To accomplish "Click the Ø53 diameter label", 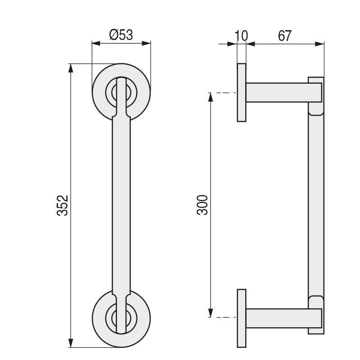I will tap(121, 35).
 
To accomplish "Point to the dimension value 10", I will tap(242, 36).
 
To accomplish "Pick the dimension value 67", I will tap(284, 36).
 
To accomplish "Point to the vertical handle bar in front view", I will tap(121, 205).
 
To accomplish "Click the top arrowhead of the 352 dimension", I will tap(70, 67).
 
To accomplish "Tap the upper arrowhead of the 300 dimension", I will tap(210, 97).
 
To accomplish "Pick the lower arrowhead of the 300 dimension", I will tap(210, 314).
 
